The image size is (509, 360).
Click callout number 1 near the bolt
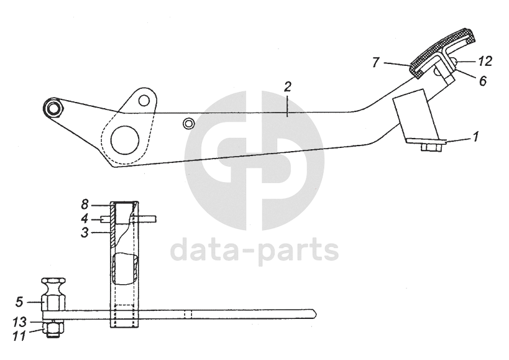point(475,136)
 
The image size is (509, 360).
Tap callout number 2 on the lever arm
point(287,87)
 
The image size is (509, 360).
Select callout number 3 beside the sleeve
point(85,232)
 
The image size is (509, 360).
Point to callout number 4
point(85,218)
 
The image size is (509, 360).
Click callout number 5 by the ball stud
point(19,303)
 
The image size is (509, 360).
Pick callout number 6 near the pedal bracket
point(482,80)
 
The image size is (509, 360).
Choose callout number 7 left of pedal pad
point(375,62)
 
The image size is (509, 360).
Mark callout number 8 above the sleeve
point(85,203)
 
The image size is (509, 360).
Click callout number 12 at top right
point(485,61)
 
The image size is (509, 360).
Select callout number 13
point(19,323)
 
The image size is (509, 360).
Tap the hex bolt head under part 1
point(431,148)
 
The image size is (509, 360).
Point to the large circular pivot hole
point(124,139)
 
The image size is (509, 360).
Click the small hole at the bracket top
point(144,99)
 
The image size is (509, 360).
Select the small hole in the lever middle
point(187,124)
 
